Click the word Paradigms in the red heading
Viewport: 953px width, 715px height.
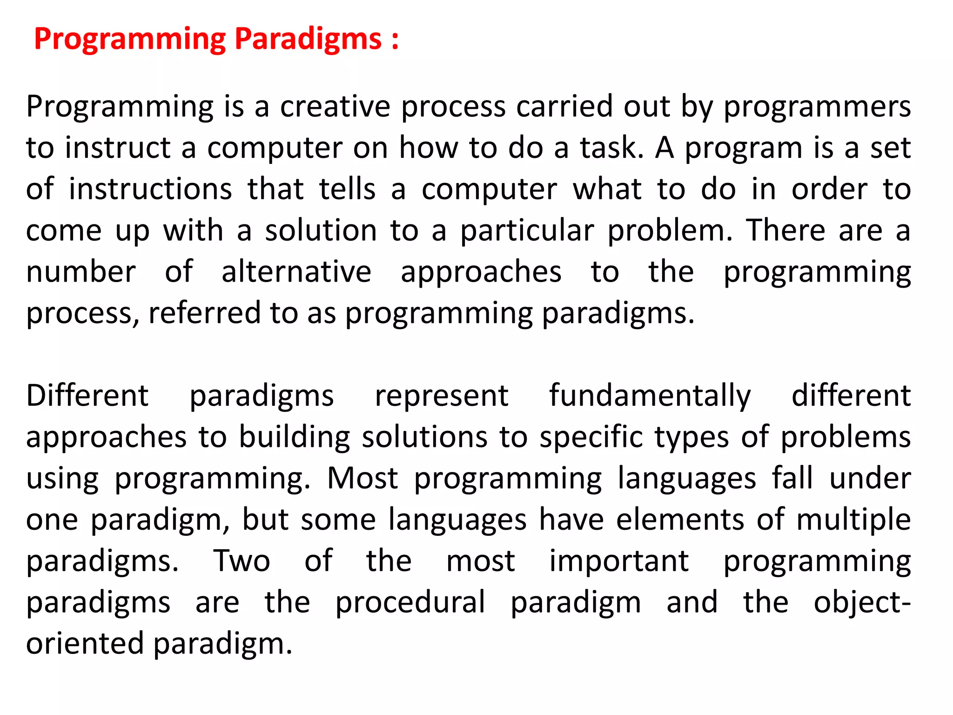(x=308, y=39)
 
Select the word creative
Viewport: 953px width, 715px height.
(x=335, y=107)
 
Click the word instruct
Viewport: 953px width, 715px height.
(x=118, y=148)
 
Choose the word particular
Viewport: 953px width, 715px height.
(x=527, y=231)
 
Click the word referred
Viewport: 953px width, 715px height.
(x=204, y=313)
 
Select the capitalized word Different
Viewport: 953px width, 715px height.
(x=87, y=396)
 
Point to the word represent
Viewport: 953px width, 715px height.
(x=442, y=396)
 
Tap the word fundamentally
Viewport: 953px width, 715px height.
(x=650, y=396)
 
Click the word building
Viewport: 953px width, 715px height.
(x=295, y=438)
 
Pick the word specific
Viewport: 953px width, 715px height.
(x=591, y=438)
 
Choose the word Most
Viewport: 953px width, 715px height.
(x=362, y=479)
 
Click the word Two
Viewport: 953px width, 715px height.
(x=242, y=561)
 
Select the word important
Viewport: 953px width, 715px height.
(x=619, y=561)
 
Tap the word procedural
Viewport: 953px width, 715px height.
(x=410, y=602)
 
